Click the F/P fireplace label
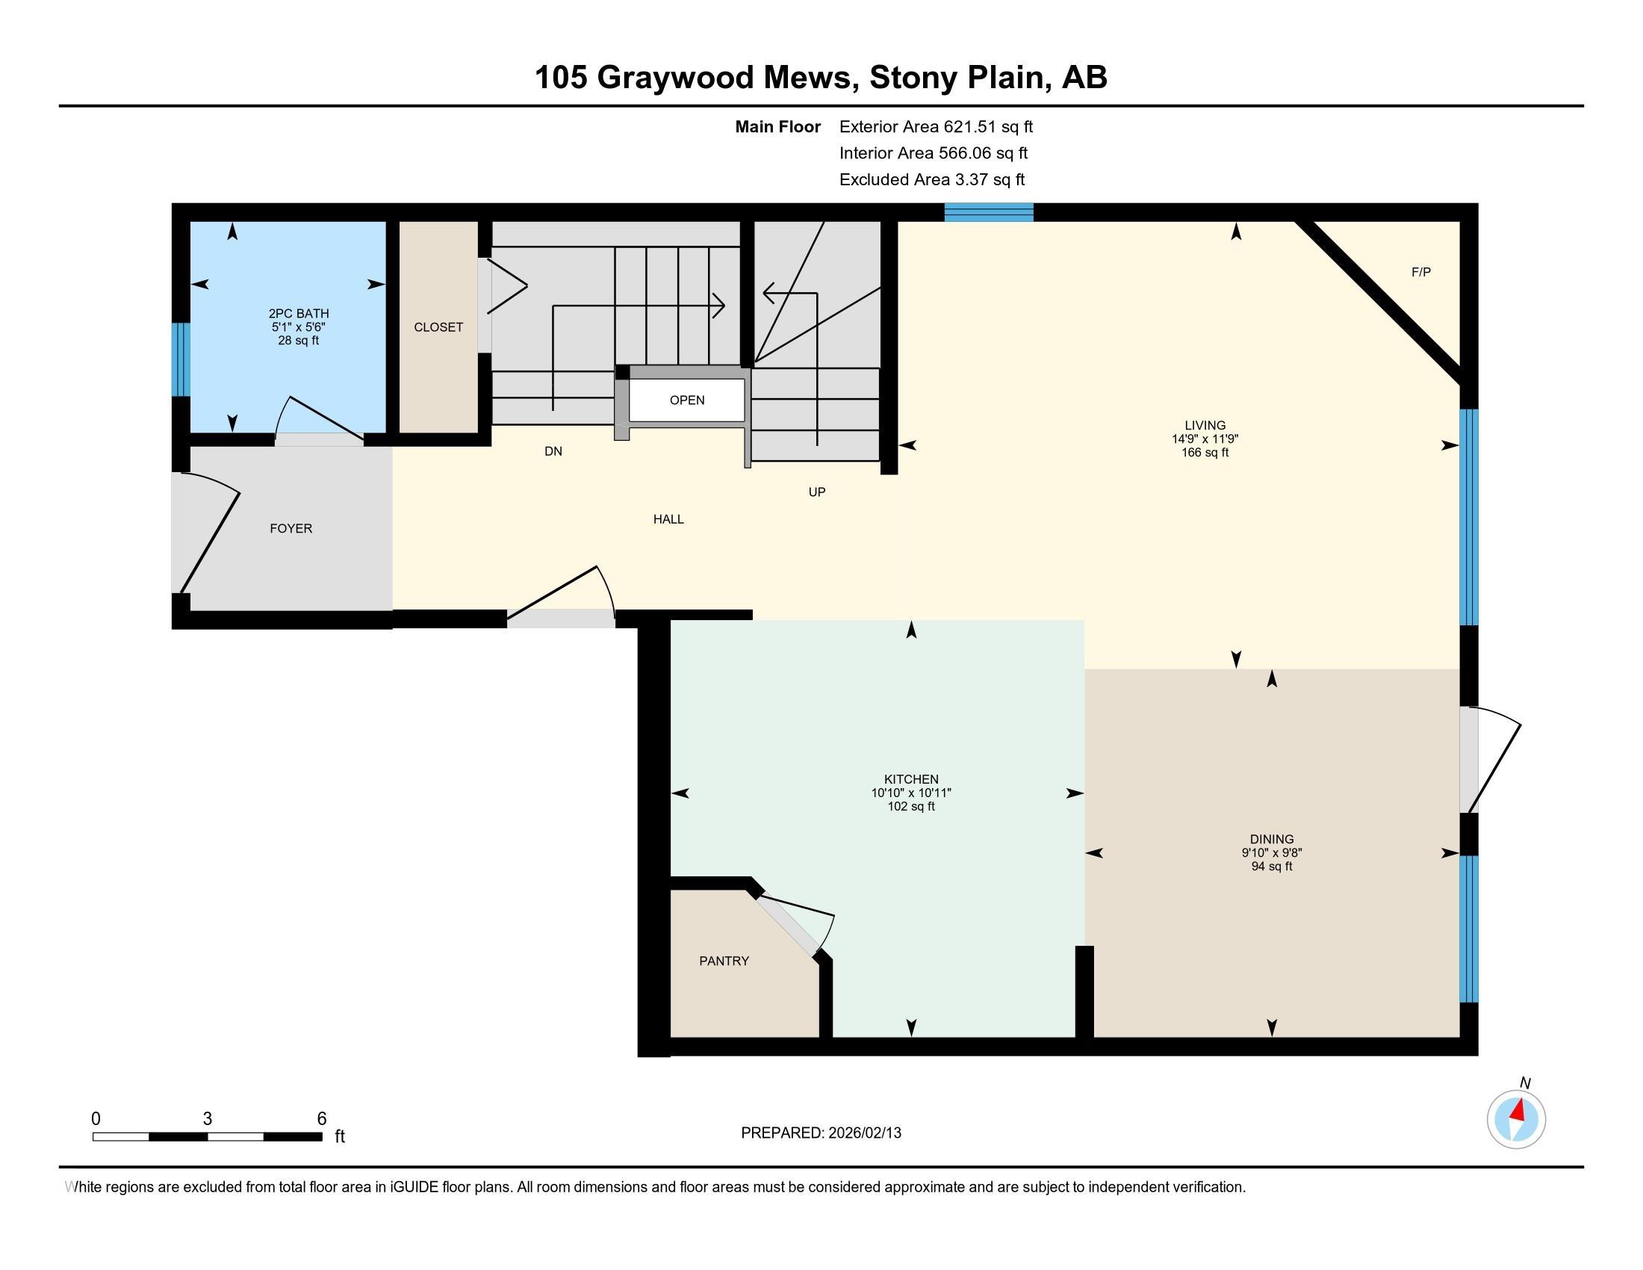coord(1420,273)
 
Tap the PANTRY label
coord(724,961)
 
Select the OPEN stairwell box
coord(687,400)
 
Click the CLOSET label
coord(438,327)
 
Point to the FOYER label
coord(291,529)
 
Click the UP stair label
coord(816,492)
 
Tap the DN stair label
coord(553,451)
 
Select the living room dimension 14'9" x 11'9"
coord(1205,439)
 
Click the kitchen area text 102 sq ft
coord(911,807)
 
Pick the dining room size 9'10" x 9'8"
coord(1271,852)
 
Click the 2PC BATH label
coord(299,314)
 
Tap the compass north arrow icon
coord(1516,1119)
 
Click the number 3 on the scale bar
coord(207,1119)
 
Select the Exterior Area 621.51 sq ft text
coord(936,127)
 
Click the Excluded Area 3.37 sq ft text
coord(931,180)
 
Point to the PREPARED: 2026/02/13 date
coord(821,1133)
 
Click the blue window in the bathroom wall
coord(181,359)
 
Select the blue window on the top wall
coord(989,212)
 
